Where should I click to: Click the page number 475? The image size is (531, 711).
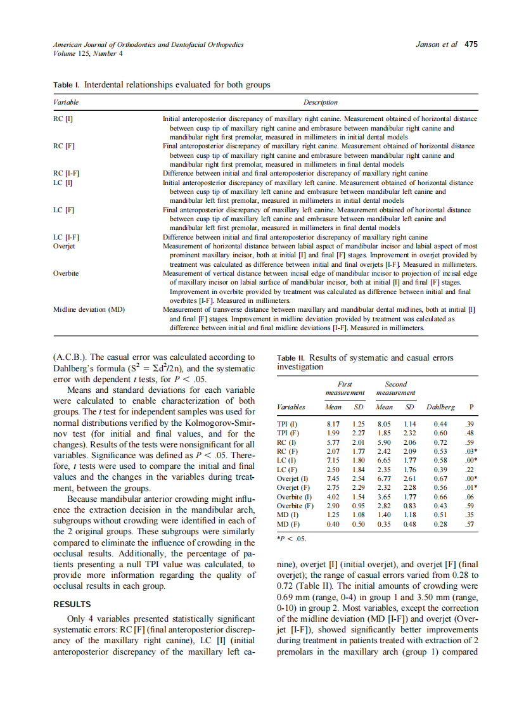tap(471, 45)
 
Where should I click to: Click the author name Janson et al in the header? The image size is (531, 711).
tap(437, 45)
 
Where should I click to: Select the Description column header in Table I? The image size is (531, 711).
tap(320, 103)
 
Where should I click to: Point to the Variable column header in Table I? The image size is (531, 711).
tap(66, 103)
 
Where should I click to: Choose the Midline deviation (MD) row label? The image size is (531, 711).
tap(89, 309)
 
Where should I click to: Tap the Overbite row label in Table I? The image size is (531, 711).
tap(67, 272)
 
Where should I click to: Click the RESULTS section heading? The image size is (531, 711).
tap(72, 604)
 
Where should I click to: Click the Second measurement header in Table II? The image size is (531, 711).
tap(396, 388)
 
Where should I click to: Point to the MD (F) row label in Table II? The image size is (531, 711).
tap(288, 525)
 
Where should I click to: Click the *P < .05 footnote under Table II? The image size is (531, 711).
tap(292, 539)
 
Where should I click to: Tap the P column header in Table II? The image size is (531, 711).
tap(470, 407)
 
